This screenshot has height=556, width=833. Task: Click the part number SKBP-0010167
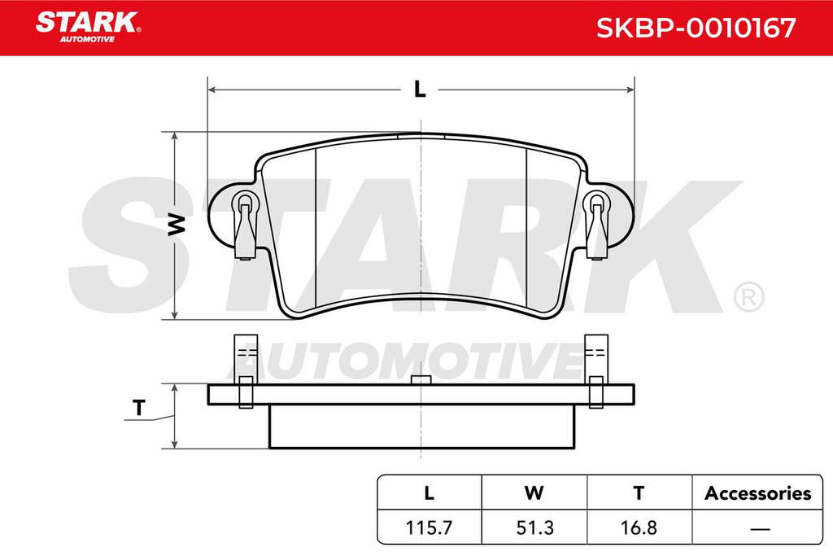click(x=696, y=28)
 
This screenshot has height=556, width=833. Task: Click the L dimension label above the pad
click(x=420, y=90)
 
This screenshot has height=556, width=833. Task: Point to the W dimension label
click(x=177, y=225)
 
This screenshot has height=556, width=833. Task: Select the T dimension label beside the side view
click(x=138, y=408)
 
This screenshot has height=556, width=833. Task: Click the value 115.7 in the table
click(x=429, y=528)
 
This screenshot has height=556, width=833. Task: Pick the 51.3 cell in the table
click(x=534, y=528)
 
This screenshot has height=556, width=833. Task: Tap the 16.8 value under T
click(x=639, y=528)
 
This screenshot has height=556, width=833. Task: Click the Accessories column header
click(x=757, y=493)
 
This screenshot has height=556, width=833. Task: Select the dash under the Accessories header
click(x=761, y=529)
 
